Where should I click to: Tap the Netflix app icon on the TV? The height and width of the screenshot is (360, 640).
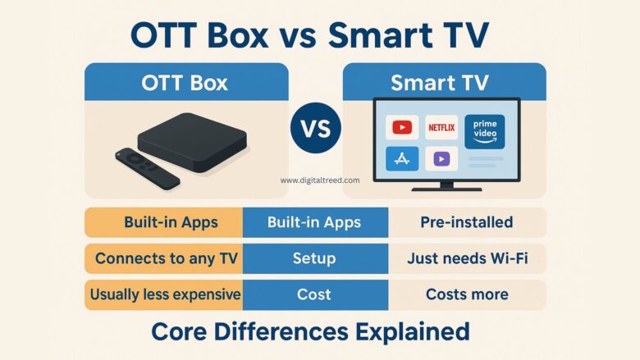tap(441, 127)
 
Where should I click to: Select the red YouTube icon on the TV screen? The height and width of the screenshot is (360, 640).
tap(402, 127)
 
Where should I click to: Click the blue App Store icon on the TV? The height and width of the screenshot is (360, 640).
tap(402, 158)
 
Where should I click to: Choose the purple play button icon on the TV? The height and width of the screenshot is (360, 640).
tap(441, 158)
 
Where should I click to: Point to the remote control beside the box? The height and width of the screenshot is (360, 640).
tap(147, 167)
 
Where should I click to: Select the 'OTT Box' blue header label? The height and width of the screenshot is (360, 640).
tap(186, 83)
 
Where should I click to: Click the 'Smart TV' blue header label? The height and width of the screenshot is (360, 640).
tap(444, 83)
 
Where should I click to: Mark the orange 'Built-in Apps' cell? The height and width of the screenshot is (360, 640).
tap(164, 222)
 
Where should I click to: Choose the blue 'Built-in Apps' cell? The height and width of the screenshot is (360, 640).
tap(315, 222)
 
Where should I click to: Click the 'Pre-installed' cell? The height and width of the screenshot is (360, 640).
tap(466, 222)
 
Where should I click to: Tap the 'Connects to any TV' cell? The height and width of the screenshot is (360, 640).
tap(164, 258)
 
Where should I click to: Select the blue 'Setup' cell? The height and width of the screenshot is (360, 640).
tap(315, 258)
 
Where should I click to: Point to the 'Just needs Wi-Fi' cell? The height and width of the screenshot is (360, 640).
tap(466, 258)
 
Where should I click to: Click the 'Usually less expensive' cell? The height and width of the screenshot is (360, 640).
tap(164, 294)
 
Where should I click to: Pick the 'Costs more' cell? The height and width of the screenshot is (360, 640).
tap(466, 294)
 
